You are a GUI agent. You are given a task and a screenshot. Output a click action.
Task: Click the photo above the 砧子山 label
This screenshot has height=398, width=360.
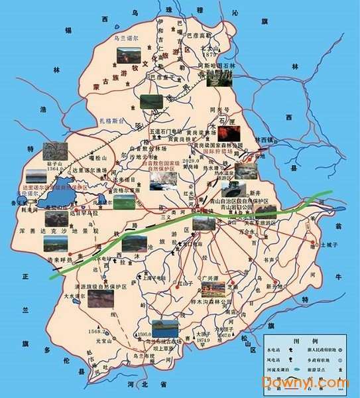(52, 151)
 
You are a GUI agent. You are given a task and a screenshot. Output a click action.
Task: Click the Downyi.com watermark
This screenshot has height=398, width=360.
(304, 383)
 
